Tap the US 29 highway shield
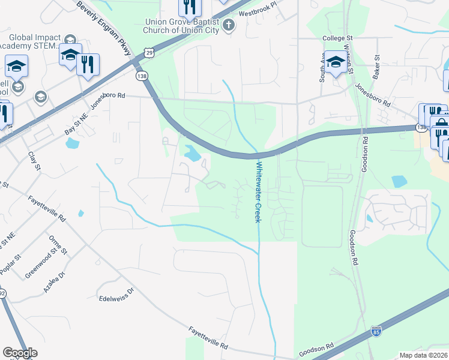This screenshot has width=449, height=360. coord(149,53)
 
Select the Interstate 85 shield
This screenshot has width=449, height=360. coord(376,330)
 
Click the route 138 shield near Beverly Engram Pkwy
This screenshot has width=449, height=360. coord(142,76)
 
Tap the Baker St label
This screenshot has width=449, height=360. coord(377,67)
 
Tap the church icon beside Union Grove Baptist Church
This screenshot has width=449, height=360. coord(228,25)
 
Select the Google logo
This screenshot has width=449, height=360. coord(20,353)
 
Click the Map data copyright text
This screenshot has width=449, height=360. coord(424,355)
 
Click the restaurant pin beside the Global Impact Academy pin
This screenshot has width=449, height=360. coord(88,64)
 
